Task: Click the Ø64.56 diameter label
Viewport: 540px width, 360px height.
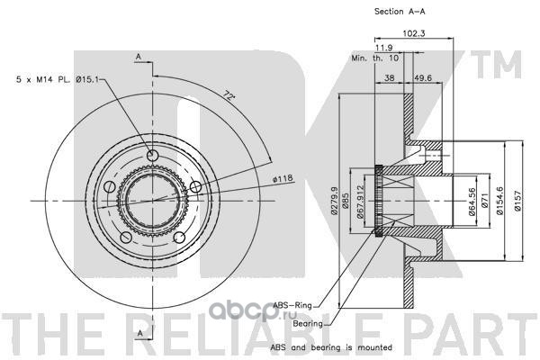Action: [x=472, y=208]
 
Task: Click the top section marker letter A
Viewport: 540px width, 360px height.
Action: [x=139, y=55]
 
